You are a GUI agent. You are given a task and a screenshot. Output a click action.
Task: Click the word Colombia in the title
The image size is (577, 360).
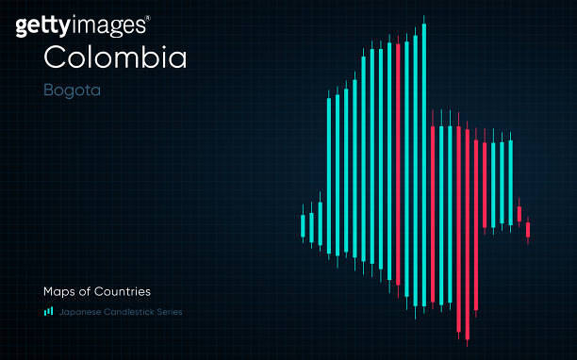(x=115, y=57)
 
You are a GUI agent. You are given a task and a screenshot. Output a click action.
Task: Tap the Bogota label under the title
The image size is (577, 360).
(x=72, y=91)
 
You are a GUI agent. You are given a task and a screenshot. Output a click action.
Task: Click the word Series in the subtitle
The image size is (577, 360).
(x=169, y=312)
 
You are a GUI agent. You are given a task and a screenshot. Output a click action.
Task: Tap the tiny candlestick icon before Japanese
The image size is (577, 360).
(x=48, y=311)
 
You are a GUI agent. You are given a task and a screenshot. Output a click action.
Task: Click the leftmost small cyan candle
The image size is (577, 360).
(x=303, y=226)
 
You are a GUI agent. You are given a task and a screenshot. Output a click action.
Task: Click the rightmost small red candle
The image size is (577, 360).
(x=528, y=229)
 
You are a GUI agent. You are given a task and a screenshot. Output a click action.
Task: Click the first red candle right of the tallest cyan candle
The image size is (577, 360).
(x=433, y=212)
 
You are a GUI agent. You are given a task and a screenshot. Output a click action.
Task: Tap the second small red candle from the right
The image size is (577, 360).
(x=519, y=214)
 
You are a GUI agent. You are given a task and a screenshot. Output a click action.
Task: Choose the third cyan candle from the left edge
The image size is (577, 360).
(x=320, y=222)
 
